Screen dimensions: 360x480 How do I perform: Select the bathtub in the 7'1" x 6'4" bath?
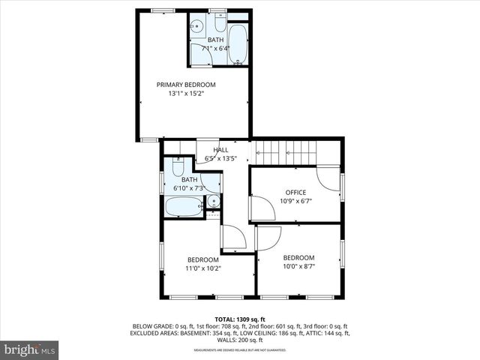point(237,44)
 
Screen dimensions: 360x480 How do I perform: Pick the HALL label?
point(220,149)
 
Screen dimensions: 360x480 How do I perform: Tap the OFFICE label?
point(295,193)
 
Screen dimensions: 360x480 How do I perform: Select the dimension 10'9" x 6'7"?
point(295,201)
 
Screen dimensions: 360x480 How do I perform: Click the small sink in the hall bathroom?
point(213,201)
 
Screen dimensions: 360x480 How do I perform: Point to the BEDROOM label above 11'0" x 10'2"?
point(203,259)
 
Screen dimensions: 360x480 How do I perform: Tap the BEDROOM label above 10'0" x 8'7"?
point(298,258)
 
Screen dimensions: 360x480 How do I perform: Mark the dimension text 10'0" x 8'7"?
point(298,266)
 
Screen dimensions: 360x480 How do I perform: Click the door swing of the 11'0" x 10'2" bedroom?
point(232,238)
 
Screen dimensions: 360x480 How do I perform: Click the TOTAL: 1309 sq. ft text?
point(240,319)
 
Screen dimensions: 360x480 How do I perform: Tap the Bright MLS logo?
point(30,349)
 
